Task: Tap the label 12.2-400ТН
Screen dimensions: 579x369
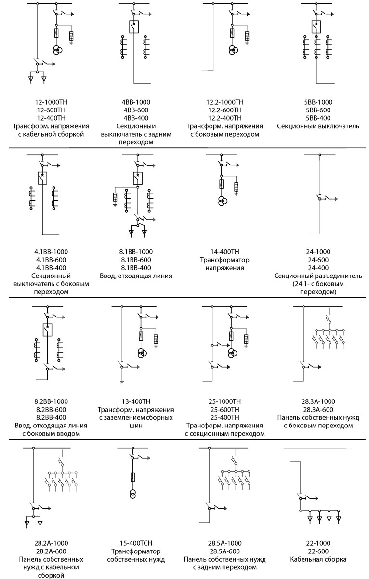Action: (x=224, y=118)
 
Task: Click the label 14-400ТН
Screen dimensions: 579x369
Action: (x=224, y=252)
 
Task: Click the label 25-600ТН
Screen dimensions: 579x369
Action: (x=224, y=409)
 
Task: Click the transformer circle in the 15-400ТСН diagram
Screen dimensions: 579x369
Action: (x=132, y=494)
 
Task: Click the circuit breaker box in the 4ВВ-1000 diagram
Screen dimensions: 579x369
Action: (x=134, y=27)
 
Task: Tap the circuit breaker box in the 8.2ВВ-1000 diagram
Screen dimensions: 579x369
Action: (x=47, y=330)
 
